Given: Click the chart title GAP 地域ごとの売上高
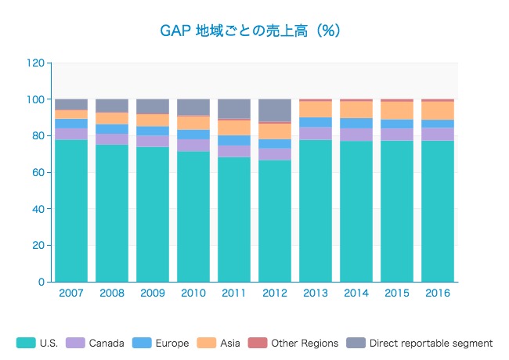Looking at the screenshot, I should [250, 31].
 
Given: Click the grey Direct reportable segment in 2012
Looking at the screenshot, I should [275, 110].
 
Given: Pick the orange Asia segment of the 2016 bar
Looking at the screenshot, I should [438, 110].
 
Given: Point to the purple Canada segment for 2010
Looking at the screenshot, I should [193, 145].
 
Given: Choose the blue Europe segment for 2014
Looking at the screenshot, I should [356, 123].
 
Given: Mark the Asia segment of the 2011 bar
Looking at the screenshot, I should [234, 128].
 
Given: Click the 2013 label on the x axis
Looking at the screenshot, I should [316, 293].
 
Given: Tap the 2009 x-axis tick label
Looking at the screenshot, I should [153, 293].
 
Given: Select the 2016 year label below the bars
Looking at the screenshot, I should [438, 293].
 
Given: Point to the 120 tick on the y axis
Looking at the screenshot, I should [34, 63].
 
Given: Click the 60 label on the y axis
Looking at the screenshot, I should [37, 172].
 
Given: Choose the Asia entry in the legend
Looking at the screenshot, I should [220, 343].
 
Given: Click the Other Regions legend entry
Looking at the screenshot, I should [293, 343].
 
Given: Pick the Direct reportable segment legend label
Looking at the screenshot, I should [431, 343].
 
